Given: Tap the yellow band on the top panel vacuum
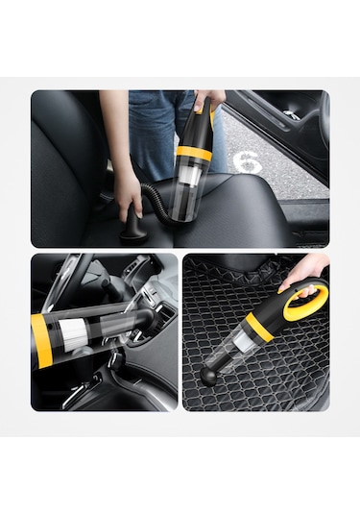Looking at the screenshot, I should pos(194,152).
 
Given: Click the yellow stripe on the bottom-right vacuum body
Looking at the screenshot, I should pos(256,327).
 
